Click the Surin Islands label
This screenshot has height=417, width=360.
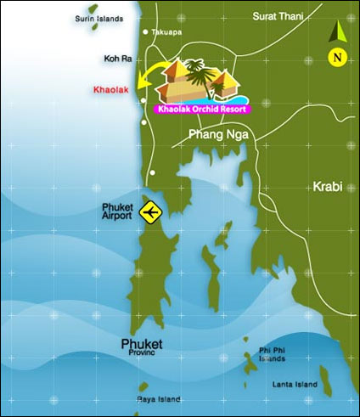98,17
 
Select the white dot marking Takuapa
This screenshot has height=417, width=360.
146,32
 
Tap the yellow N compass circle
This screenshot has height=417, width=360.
337,58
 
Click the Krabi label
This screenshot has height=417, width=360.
329,186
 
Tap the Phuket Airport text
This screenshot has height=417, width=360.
116,211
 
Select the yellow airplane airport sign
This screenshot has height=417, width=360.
152,211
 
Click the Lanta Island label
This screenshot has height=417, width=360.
295,385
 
